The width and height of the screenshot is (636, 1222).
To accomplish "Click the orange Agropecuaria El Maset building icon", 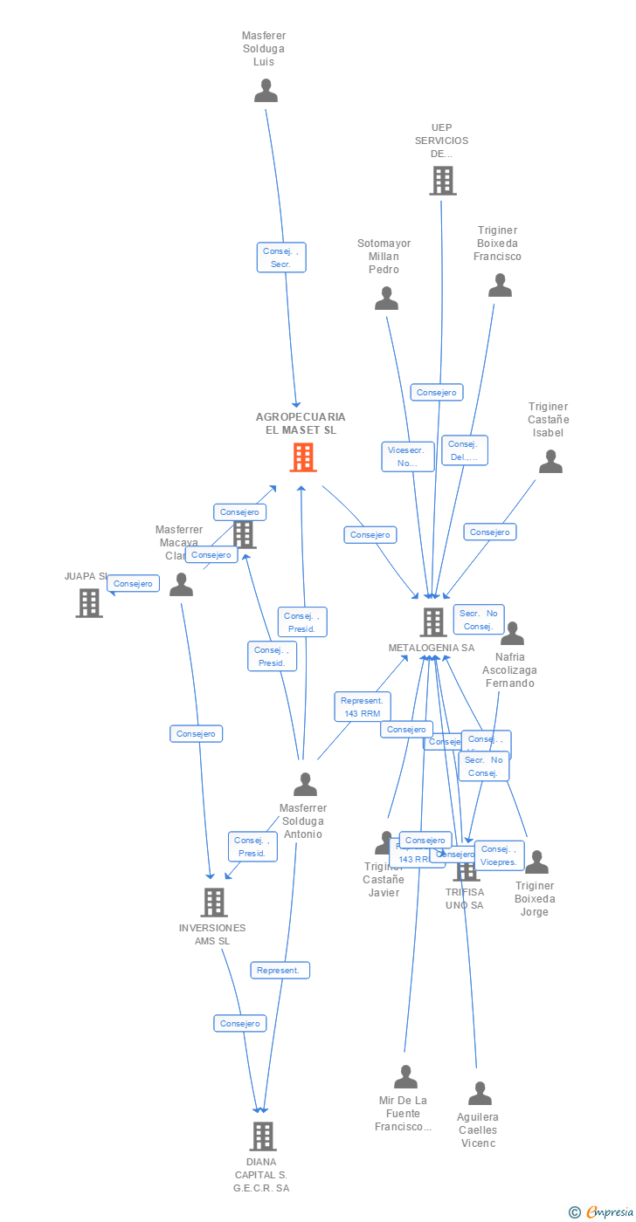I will click(x=303, y=457).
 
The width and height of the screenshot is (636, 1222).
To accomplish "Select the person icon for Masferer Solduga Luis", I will click(x=266, y=91).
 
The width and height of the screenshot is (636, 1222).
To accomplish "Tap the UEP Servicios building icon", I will click(x=443, y=181).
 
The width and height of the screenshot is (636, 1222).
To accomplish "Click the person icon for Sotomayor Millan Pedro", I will click(x=386, y=299).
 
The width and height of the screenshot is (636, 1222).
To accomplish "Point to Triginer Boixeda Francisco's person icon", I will click(x=500, y=285).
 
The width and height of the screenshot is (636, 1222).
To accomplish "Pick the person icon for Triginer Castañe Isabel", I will click(x=550, y=462).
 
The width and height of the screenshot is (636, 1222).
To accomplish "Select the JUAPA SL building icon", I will click(x=89, y=602).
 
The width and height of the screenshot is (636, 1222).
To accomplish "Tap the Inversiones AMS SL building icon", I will click(x=214, y=902).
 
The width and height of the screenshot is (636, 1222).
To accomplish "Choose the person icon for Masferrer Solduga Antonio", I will click(x=305, y=785).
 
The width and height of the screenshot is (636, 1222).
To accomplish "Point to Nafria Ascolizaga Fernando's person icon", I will click(x=512, y=634).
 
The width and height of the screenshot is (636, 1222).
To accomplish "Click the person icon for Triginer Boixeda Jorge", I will click(x=536, y=862).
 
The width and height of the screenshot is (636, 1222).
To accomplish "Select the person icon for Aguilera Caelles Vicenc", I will click(x=480, y=1094).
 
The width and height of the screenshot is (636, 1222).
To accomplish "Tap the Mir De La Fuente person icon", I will click(x=405, y=1077).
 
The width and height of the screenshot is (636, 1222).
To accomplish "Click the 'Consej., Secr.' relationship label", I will click(x=281, y=257).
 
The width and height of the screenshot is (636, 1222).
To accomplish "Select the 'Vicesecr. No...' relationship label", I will click(x=408, y=457).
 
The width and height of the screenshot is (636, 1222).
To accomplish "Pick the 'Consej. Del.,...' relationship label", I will click(x=464, y=450).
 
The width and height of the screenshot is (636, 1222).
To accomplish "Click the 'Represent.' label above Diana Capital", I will click(x=280, y=970).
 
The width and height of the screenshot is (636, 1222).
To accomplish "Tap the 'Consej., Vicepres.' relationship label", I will click(x=499, y=855).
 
